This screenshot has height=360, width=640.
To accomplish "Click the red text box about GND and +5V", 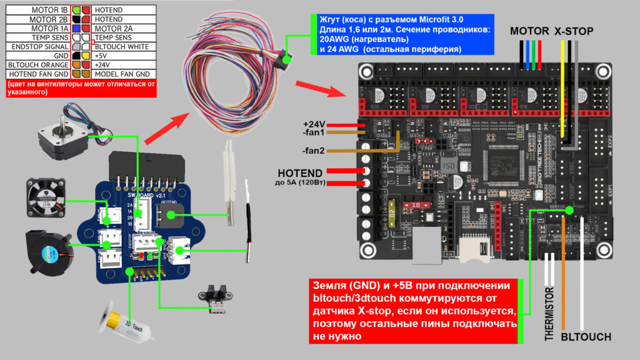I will click(413, 311).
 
